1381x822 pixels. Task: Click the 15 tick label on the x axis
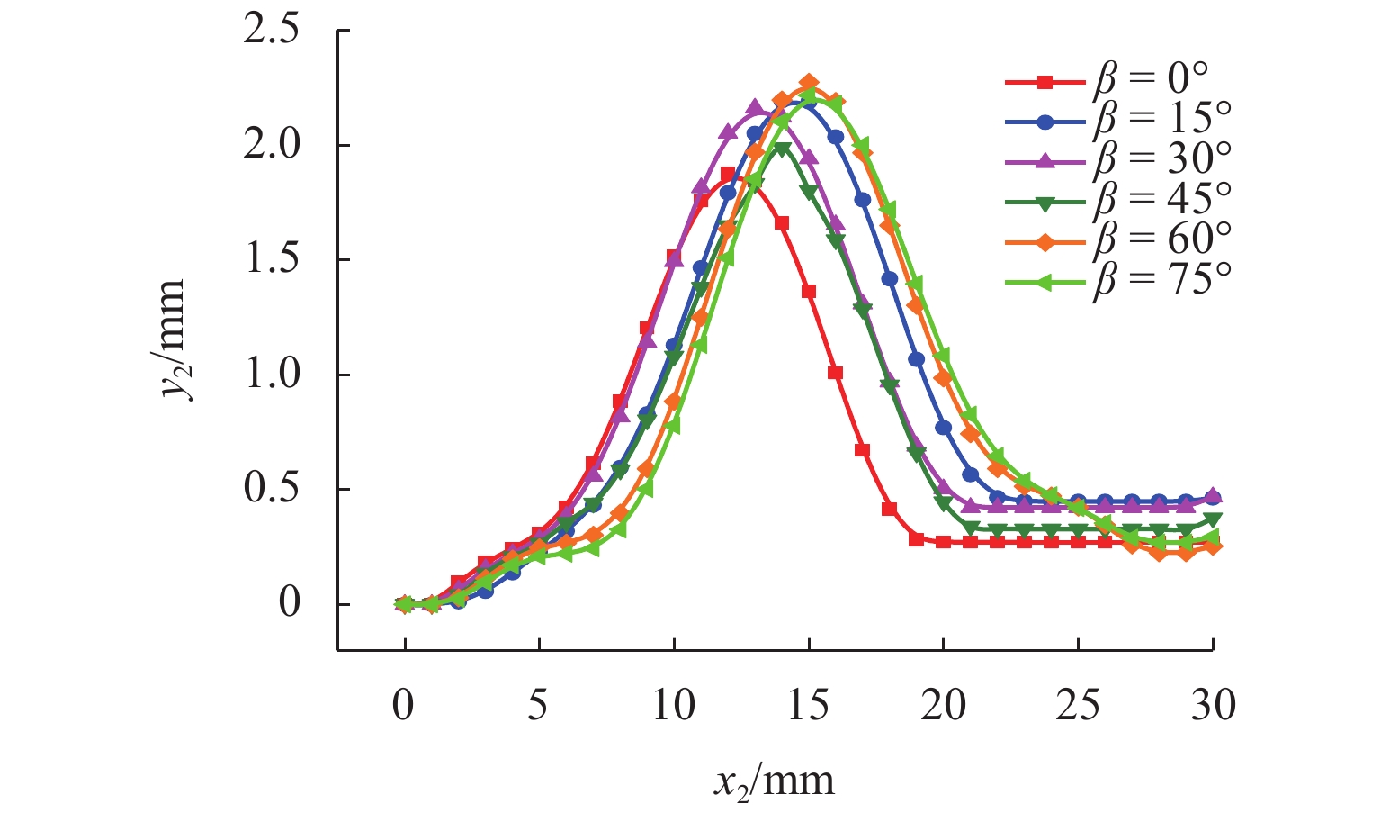(807, 705)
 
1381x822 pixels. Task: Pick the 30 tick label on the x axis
(1213, 705)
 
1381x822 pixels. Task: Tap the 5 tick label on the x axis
(538, 705)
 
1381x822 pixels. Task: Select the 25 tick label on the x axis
(1078, 705)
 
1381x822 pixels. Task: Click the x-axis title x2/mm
(775, 780)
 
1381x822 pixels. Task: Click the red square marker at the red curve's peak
(728, 174)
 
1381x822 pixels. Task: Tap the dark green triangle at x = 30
(1213, 519)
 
